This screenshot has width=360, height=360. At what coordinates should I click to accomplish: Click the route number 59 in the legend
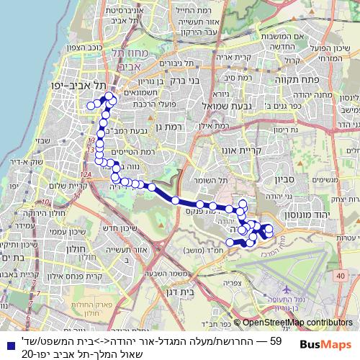[x=275, y=340]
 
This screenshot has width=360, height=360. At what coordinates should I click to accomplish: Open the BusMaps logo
[x=328, y=346]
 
